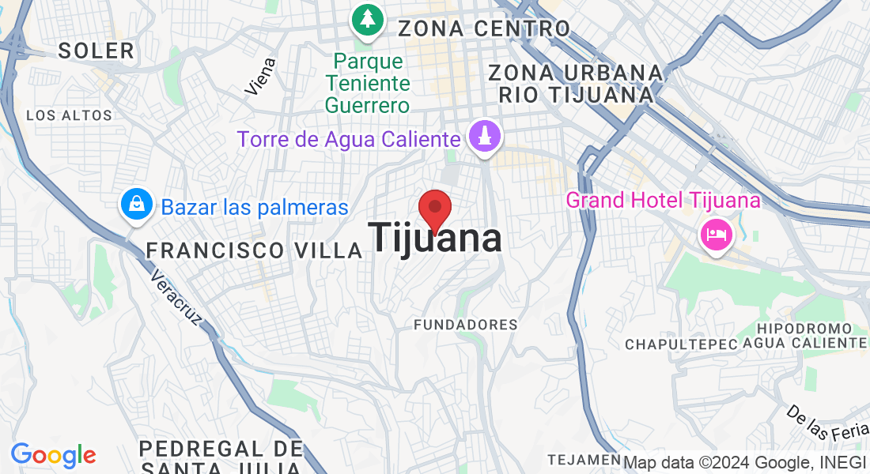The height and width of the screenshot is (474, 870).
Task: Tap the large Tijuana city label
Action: pyautogui.click(x=435, y=238)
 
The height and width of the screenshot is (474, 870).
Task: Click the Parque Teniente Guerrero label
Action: pyautogui.click(x=368, y=83)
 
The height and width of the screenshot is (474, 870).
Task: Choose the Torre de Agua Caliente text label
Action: pyautogui.click(x=348, y=140)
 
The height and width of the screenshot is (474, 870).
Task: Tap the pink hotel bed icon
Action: pyautogui.click(x=716, y=234)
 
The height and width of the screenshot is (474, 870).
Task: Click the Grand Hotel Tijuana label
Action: pyautogui.click(x=663, y=200)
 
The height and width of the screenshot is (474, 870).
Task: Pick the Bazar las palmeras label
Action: pyautogui.click(x=255, y=208)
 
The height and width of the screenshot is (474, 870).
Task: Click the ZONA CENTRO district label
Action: pyautogui.click(x=484, y=29)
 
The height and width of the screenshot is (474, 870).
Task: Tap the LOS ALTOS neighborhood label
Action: pyautogui.click(x=70, y=115)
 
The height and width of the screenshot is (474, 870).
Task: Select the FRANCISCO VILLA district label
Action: pyautogui.click(x=254, y=251)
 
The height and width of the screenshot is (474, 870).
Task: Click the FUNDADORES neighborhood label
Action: pyautogui.click(x=466, y=325)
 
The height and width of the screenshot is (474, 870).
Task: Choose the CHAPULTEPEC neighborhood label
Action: pyautogui.click(x=681, y=344)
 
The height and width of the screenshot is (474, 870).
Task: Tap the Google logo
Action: pyautogui.click(x=53, y=455)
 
